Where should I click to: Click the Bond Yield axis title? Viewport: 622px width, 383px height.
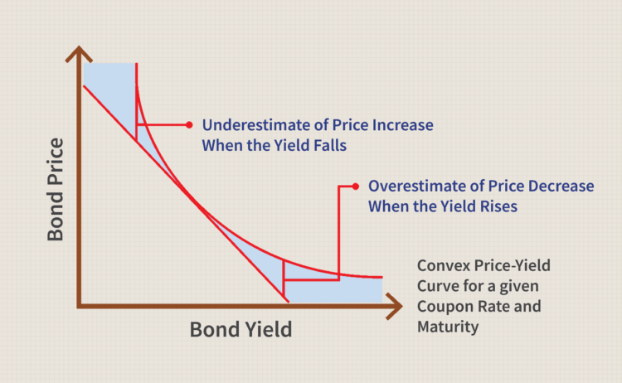coord(241,329)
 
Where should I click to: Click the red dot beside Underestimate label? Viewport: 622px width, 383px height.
coord(190,125)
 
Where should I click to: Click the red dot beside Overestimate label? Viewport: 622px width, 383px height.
coord(355,186)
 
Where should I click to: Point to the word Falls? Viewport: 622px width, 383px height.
coord(327,145)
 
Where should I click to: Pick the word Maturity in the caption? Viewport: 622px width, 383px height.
coord(448,327)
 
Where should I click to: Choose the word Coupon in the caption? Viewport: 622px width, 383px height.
coord(444,307)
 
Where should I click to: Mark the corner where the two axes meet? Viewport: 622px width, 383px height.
coord(80,303)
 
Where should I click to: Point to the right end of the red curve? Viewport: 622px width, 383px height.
coord(382,277)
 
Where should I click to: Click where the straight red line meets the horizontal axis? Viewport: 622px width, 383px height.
coord(284,301)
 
